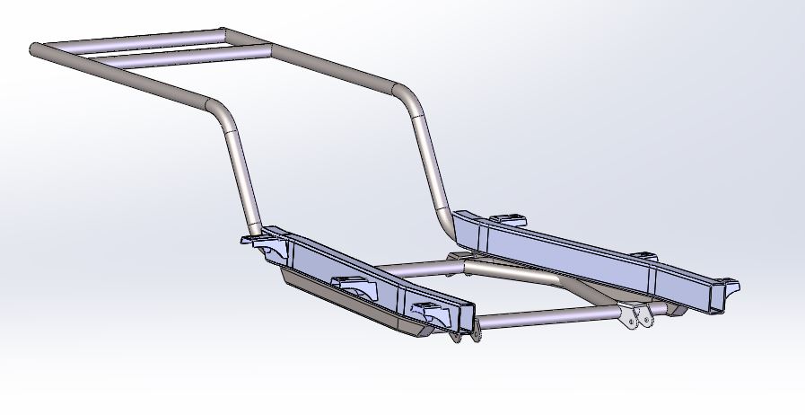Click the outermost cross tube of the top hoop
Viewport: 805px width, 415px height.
point(135,37)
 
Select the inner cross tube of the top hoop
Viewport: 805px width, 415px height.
point(179,53)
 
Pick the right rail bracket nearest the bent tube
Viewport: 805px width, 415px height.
point(507,219)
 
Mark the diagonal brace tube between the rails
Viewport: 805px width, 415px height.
point(521,274)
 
